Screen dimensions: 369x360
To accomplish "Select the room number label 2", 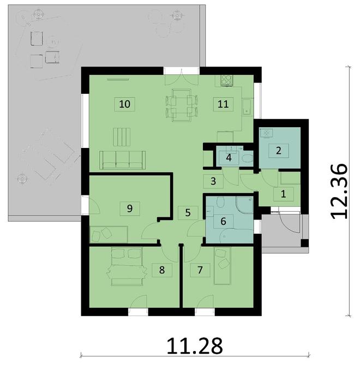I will pyautogui.click(x=279, y=151).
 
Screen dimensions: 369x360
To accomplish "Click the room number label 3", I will pyautogui.click(x=214, y=181).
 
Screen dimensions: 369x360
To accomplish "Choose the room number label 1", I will pyautogui.click(x=283, y=193).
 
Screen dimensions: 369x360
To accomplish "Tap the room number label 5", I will pyautogui.click(x=188, y=212).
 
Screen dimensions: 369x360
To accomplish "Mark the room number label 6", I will pyautogui.click(x=223, y=221).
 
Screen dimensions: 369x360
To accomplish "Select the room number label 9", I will pyautogui.click(x=129, y=208).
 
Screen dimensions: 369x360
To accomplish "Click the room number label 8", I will pyautogui.click(x=161, y=269).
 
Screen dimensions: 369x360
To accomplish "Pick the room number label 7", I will pyautogui.click(x=200, y=269).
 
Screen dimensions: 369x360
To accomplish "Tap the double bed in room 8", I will pyautogui.click(x=127, y=266).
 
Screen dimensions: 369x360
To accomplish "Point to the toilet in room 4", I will pyautogui.click(x=247, y=159).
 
